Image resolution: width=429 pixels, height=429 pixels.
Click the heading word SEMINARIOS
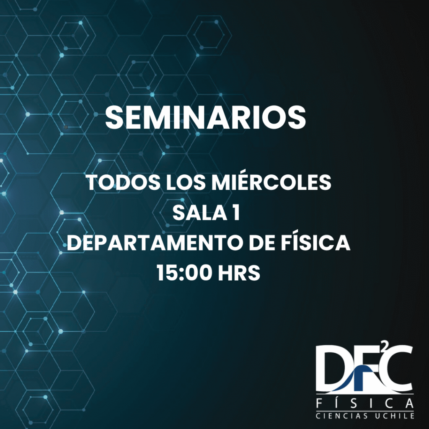(205, 117)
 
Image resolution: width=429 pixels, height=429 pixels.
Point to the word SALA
(200, 212)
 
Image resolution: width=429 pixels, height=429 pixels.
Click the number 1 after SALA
(236, 212)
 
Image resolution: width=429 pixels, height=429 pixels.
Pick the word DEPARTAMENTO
(155, 243)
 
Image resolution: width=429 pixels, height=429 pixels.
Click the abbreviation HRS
(239, 273)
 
